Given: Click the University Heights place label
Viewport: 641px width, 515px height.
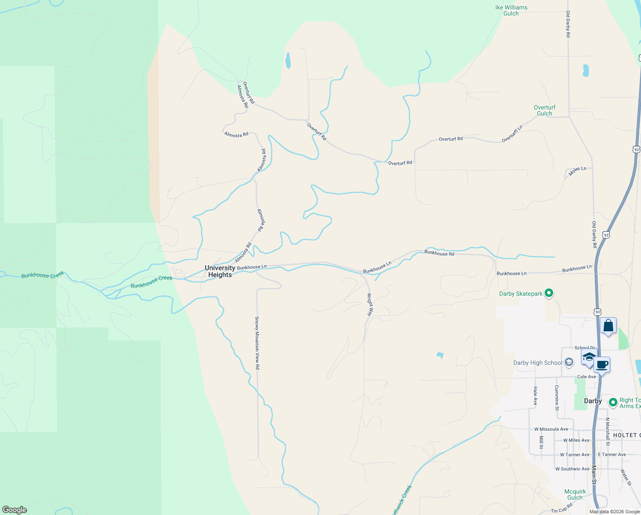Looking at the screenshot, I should click(220, 271).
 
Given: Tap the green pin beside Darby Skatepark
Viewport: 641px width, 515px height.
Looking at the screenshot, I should click(549, 294).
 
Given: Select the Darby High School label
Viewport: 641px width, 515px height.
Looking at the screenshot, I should click(537, 363).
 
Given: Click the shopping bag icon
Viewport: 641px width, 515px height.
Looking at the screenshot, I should click(608, 326).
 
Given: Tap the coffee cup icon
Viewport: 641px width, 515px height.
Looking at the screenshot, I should click(602, 365).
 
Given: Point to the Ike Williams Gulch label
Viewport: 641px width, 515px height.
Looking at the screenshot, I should click(511, 10).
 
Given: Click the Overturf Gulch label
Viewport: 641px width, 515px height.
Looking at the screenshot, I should click(545, 110).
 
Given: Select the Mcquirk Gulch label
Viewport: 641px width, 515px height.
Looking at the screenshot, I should click(575, 494).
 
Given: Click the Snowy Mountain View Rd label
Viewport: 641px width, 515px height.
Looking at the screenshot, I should click(257, 343).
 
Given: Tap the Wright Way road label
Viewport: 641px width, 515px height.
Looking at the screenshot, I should click(370, 305).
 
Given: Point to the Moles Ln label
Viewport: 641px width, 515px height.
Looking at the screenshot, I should click(577, 171).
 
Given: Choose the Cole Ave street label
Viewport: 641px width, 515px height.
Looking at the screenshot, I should click(586, 377).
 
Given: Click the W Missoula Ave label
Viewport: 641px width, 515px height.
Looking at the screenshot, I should click(551, 429).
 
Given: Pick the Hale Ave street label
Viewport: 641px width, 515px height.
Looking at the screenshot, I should click(535, 396).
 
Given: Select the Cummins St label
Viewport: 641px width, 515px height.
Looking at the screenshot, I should click(557, 398).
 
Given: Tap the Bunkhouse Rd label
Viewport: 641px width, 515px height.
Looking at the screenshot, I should click(439, 253).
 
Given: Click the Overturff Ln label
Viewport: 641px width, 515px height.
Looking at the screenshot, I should click(512, 134).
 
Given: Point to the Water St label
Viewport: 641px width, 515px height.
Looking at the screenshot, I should click(626, 477).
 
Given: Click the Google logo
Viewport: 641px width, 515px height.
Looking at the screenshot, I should click(15, 510).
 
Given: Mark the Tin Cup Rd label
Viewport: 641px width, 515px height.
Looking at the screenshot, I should click(562, 509).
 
